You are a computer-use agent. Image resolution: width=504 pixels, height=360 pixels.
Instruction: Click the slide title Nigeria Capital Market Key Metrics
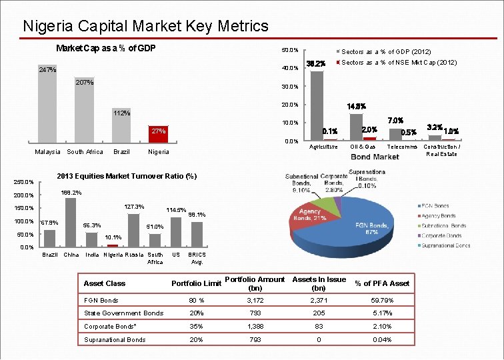[x=145, y=27]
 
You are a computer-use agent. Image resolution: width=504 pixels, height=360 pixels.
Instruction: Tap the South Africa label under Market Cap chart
[x=85, y=152]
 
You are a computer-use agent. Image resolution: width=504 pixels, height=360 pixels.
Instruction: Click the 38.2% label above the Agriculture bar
[x=315, y=64]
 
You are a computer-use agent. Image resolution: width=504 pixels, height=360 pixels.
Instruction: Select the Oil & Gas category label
[x=363, y=147]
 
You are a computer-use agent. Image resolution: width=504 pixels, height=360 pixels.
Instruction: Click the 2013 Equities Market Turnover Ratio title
[x=127, y=176]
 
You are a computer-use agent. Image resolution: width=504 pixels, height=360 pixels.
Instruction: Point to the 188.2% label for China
[x=71, y=193]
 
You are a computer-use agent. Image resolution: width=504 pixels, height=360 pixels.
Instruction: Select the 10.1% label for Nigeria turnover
[x=113, y=237]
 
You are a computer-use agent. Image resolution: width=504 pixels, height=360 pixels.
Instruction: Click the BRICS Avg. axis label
[x=197, y=258]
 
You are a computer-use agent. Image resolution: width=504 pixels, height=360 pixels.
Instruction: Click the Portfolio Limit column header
[x=196, y=283]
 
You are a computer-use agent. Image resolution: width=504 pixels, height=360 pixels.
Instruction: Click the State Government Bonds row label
[x=123, y=313]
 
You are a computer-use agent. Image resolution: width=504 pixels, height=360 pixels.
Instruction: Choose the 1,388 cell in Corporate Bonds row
[x=255, y=326]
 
